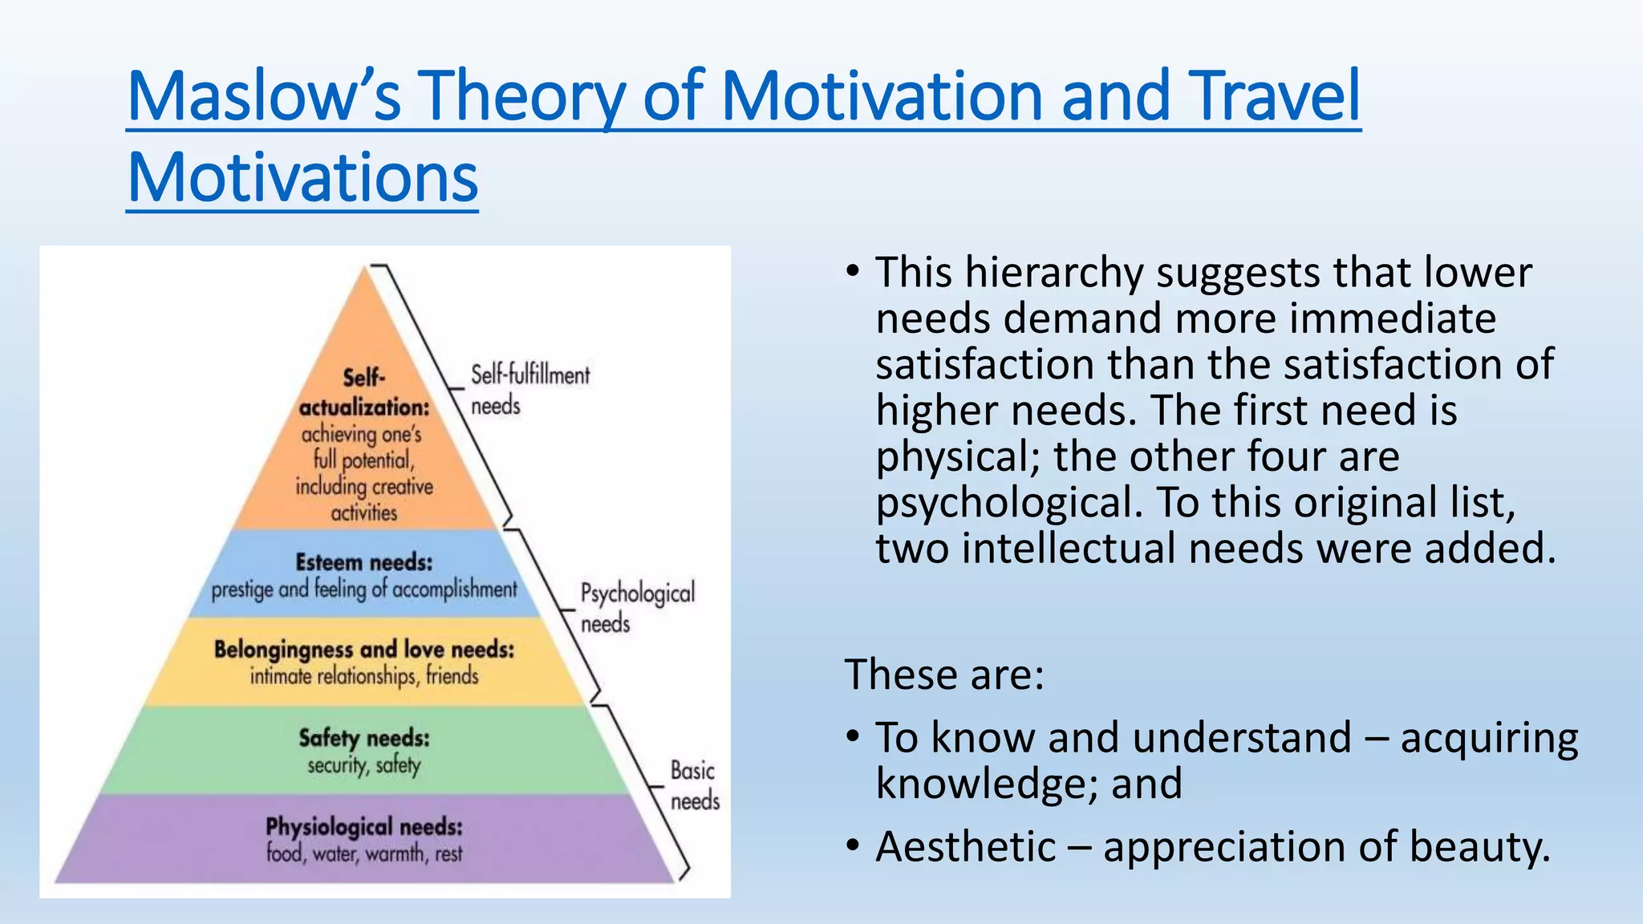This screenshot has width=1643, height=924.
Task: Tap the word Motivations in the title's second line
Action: coord(302,177)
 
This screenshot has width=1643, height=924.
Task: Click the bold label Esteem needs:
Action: coord(363,562)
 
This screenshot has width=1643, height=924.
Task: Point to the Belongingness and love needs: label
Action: coord(363,649)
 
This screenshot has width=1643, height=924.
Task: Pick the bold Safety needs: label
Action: coord(364,737)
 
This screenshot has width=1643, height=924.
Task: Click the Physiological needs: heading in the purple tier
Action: coord(364,826)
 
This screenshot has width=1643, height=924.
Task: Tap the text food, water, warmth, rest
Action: coord(364,853)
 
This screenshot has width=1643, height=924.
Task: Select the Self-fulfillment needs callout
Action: coord(529,390)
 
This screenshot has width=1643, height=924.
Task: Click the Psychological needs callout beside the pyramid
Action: coord(637,607)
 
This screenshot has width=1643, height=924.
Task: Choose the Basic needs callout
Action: coord(694,785)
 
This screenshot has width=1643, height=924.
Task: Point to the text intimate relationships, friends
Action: coord(364,676)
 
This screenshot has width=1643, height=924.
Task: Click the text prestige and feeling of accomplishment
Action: coord(364,590)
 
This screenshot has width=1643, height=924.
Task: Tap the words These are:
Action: coord(944,674)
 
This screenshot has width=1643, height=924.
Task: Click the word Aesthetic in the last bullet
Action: coord(966,847)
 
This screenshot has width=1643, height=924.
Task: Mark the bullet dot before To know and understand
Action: coord(853,736)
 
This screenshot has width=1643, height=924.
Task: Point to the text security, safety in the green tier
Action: coord(364,765)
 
